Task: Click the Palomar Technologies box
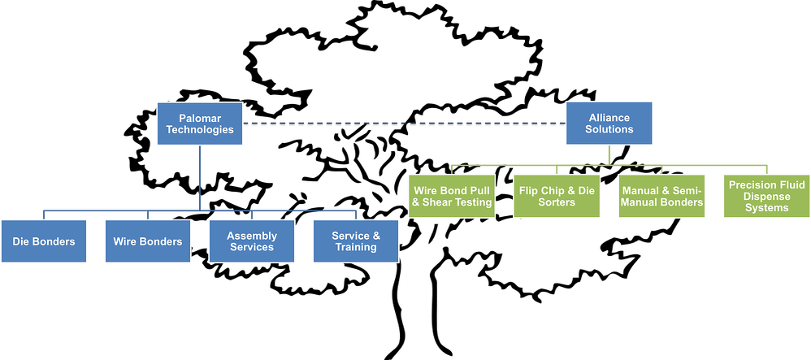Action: [x=200, y=124]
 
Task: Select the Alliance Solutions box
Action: [x=609, y=124]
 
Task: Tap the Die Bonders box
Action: [x=44, y=241]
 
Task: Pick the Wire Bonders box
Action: [x=148, y=241]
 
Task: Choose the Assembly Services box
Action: [x=252, y=241]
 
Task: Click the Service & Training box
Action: [x=356, y=241]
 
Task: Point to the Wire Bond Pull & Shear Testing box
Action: [x=453, y=197]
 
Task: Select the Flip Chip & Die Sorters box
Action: [x=557, y=197]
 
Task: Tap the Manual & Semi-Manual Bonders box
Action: [x=662, y=197]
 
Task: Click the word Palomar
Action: [x=200, y=118]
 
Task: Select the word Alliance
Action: [x=609, y=118]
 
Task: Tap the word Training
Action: [x=356, y=247]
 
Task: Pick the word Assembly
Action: [x=252, y=236]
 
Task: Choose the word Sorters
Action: [x=557, y=202]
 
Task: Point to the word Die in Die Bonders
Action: [x=22, y=241]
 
